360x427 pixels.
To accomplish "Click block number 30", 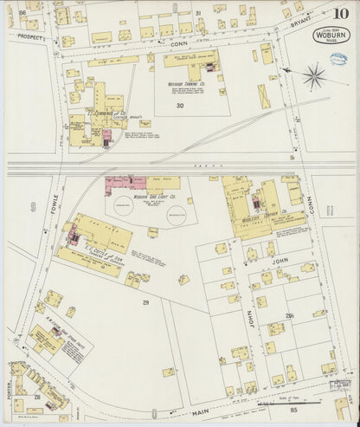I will click(179, 106).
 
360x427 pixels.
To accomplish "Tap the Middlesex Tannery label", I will click(259, 218).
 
